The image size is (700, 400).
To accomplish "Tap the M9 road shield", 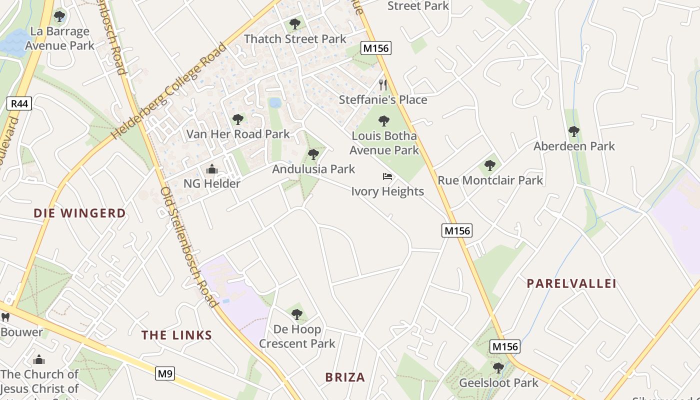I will point(164,373).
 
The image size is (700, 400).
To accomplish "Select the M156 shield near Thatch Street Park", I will point(376,48).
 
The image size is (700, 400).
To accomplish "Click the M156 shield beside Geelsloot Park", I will point(505,346).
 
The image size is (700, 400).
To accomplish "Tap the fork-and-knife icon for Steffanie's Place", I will point(383,84).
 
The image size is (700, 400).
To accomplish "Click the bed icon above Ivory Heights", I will point(387,176).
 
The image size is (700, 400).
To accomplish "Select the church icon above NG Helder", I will point(212,169).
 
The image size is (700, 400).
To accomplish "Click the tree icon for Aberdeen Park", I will point(573,131).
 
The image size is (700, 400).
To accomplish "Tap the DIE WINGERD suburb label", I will point(79,213).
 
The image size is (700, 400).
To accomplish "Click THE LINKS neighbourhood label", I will point(176,335).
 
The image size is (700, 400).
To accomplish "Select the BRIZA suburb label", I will point(345,377).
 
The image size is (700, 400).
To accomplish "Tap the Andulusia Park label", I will point(313,169).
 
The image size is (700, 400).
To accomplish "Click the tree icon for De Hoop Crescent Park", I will point(297,314).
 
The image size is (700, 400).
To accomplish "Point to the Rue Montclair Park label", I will point(490,180).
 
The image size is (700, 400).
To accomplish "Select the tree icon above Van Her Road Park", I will point(238,119).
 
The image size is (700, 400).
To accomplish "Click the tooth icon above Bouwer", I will point(5,317).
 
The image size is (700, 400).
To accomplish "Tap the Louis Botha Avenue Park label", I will point(384,143).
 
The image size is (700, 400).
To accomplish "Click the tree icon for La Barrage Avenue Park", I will point(59,16).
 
